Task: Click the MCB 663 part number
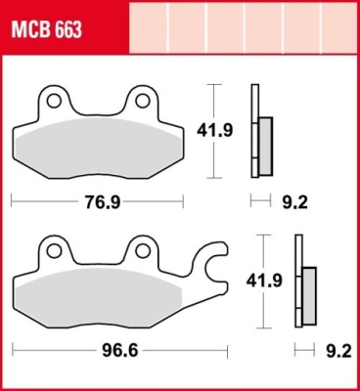[46, 30]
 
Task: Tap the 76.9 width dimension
[103, 202]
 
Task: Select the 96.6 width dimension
[120, 351]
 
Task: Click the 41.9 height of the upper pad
[214, 131]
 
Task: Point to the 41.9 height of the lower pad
[264, 281]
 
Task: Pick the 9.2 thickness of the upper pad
[294, 202]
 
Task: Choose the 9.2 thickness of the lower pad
[339, 352]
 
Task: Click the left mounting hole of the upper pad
[54, 101]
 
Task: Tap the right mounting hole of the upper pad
[143, 101]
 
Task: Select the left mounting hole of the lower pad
[54, 251]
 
